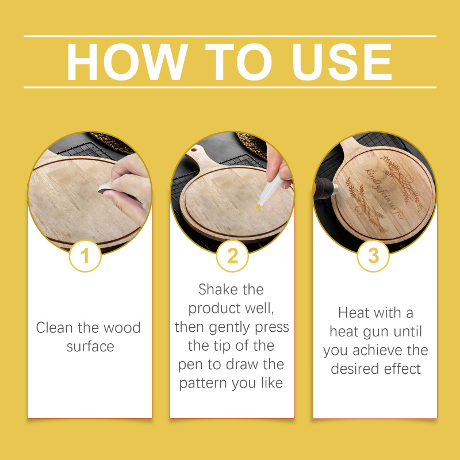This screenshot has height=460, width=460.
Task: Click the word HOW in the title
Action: click(127, 62)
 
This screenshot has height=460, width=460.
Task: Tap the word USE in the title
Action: click(342, 62)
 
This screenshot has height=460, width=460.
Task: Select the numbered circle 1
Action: click(85, 256)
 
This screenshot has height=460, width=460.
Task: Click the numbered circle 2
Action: click(232, 256)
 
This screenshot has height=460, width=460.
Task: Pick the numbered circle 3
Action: click(373, 256)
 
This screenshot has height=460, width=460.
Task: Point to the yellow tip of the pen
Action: click(258, 206)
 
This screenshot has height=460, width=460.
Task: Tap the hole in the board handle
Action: click(194, 150)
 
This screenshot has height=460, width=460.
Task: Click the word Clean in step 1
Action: click(54, 327)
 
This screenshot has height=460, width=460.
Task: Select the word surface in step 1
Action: click(90, 347)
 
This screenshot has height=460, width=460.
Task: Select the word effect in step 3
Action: click(402, 369)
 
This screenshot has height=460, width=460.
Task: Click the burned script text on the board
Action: click(384, 194)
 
